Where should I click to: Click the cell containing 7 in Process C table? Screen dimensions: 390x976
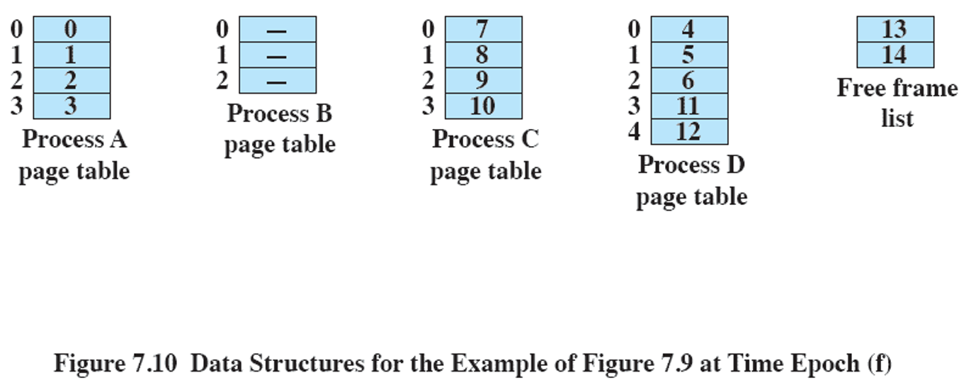[483, 30]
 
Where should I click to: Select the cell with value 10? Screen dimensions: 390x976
[483, 106]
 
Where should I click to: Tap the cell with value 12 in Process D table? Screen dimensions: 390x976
[689, 132]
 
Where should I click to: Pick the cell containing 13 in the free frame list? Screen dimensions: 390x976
[895, 30]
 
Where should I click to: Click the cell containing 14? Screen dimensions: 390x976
[895, 55]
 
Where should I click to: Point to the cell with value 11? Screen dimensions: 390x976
[689, 106]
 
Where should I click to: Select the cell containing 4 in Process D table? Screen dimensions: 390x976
[689, 30]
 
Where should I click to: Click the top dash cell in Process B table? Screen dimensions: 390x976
[278, 30]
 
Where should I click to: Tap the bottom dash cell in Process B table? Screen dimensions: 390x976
[278, 81]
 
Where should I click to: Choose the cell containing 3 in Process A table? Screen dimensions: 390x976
[72, 106]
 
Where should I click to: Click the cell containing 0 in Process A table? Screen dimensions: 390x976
[72, 30]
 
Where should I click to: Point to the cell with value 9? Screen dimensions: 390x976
[483, 81]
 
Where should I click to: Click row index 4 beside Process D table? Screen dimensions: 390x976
[634, 132]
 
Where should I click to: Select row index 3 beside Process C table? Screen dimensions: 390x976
[428, 106]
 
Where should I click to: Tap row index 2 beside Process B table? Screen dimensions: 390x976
[222, 80]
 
